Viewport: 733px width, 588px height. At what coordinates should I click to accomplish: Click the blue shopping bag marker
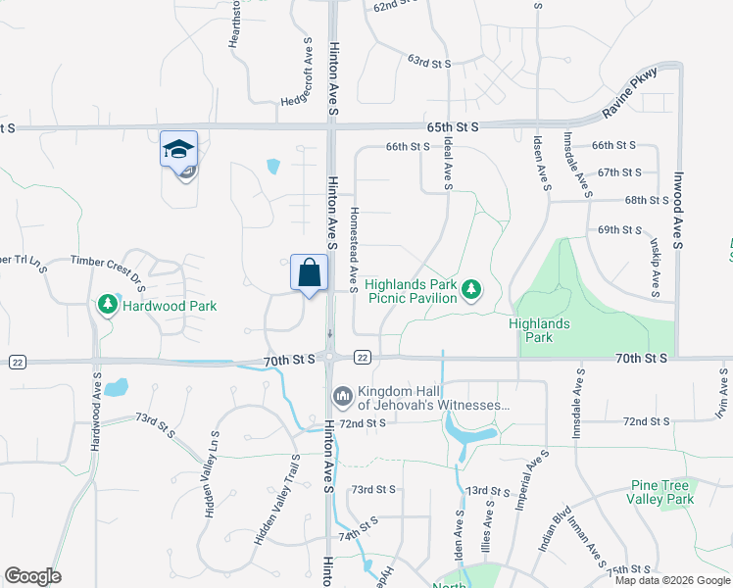pyautogui.click(x=309, y=271)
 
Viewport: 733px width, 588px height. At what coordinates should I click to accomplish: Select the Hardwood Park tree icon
pyautogui.click(x=107, y=306)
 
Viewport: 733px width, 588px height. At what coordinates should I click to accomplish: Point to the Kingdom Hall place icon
pyautogui.click(x=343, y=395)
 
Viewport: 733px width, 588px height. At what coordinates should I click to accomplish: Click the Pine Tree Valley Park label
pyautogui.click(x=661, y=492)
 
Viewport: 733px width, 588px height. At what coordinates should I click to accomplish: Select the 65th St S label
pyautogui.click(x=453, y=127)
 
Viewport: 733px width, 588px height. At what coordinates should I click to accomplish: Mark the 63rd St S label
pyautogui.click(x=429, y=63)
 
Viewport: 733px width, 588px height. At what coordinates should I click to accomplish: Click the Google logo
pyautogui.click(x=33, y=576)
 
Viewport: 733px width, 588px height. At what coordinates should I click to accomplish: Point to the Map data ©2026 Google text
pyautogui.click(x=672, y=580)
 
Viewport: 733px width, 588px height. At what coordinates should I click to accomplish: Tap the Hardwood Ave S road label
pyautogui.click(x=96, y=412)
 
